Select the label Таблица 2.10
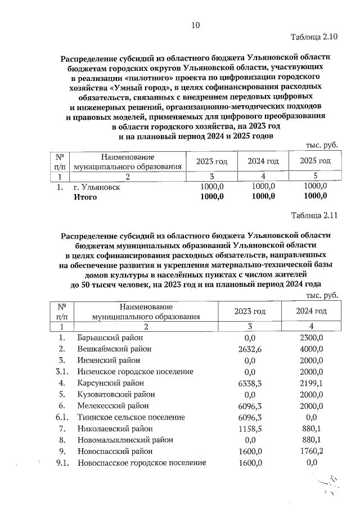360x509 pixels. (x=314, y=38)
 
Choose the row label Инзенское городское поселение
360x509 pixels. (x=135, y=372)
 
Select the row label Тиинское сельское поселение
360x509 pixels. (x=131, y=417)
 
